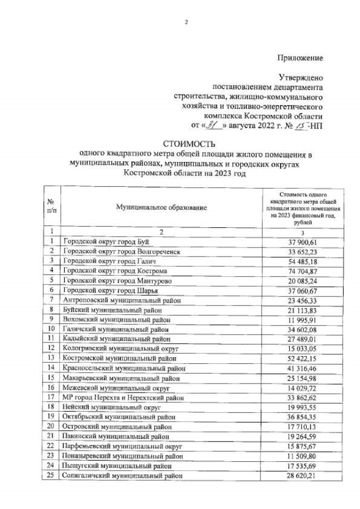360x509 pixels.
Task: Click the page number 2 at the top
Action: (x=186, y=22)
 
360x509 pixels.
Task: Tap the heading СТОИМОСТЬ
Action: (x=185, y=144)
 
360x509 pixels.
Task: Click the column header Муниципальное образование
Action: (x=161, y=208)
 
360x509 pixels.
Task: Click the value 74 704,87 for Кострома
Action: (x=299, y=271)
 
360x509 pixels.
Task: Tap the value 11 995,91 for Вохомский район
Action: (x=299, y=320)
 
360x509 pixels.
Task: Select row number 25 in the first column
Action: (x=51, y=475)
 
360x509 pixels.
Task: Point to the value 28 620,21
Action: (x=299, y=475)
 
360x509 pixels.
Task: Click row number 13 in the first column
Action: (x=51, y=358)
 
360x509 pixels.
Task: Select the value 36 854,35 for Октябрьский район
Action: (x=299, y=417)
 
